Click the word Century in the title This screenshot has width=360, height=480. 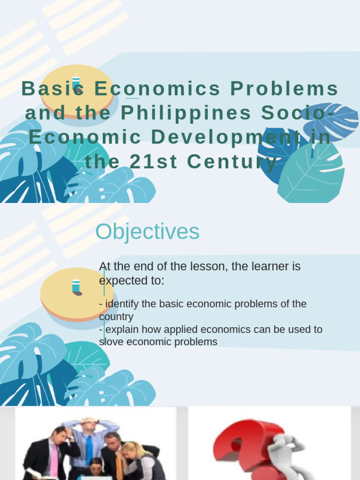(232, 162)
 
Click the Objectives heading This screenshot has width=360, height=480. (147, 232)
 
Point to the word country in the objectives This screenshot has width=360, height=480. (116, 317)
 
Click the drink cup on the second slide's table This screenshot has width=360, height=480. (75, 285)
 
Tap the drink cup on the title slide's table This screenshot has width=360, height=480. (75, 82)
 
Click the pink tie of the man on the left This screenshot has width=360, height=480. (54, 459)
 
